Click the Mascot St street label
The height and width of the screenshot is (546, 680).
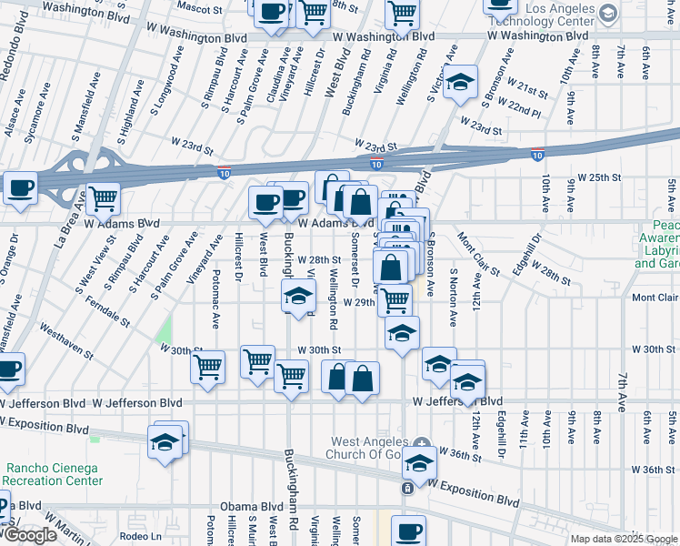click(199, 9)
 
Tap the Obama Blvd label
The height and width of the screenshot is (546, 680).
click(251, 506)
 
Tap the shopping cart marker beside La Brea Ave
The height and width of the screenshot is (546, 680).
click(104, 197)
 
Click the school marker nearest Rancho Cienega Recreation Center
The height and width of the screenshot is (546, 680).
click(165, 443)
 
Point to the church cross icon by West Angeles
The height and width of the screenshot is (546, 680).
click(421, 442)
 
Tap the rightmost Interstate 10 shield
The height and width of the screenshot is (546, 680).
click(537, 156)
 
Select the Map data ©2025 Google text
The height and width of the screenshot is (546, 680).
click(623, 539)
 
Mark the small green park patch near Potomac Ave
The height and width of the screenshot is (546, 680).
click(164, 332)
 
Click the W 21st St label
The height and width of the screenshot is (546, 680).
click(528, 94)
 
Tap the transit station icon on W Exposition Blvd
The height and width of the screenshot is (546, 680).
click(407, 489)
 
